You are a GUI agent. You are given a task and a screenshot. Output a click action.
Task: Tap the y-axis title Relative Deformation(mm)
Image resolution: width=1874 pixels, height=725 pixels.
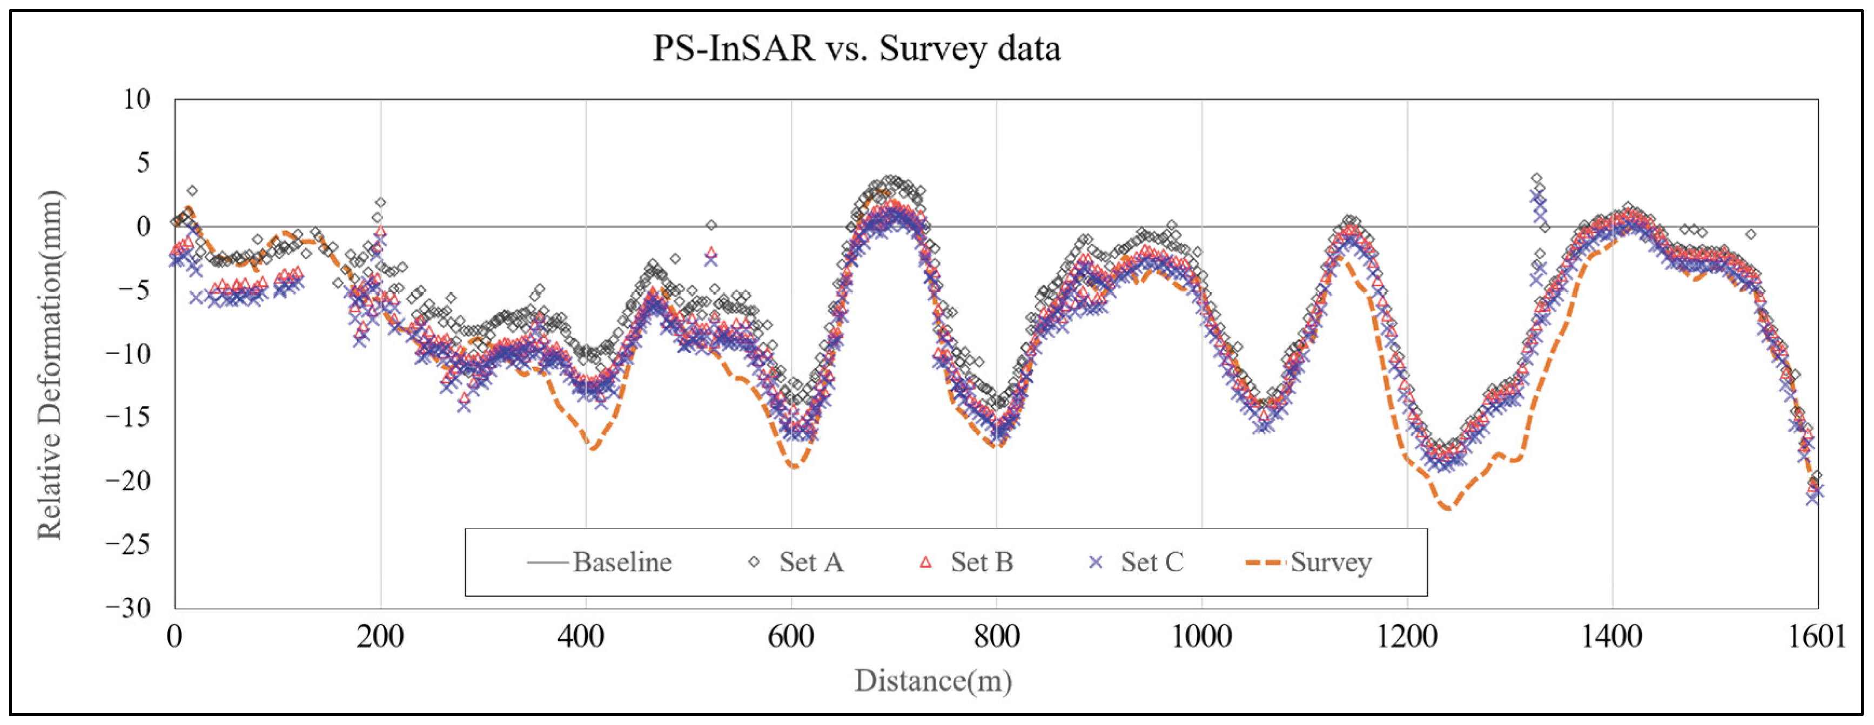click(50, 365)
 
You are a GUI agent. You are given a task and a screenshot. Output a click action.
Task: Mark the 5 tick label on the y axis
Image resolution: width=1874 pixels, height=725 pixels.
click(143, 163)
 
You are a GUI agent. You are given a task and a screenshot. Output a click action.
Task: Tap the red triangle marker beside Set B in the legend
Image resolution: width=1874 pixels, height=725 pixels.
click(925, 562)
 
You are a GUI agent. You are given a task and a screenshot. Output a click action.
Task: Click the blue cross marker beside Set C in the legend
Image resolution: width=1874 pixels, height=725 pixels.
click(1096, 562)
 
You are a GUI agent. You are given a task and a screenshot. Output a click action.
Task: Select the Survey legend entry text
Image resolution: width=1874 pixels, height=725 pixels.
click(1331, 562)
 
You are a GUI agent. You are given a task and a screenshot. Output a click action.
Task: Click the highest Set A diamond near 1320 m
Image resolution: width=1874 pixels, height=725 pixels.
click(1536, 178)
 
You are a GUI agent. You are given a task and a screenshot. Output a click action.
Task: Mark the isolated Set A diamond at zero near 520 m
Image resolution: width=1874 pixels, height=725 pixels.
click(711, 226)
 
